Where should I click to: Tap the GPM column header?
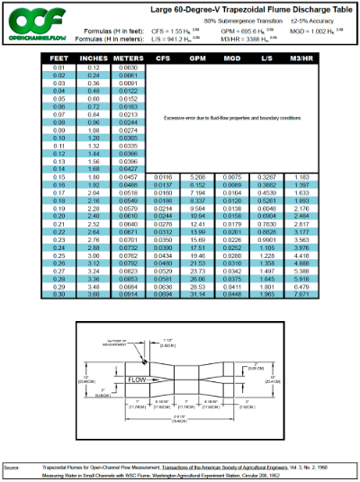199,58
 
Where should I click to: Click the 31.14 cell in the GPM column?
199,267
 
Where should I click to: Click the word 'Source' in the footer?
12,468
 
